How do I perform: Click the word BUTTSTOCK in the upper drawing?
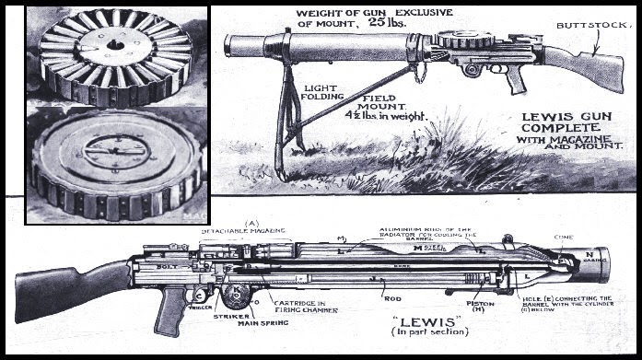tap(585, 28)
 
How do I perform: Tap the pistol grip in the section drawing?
tap(169, 313)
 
